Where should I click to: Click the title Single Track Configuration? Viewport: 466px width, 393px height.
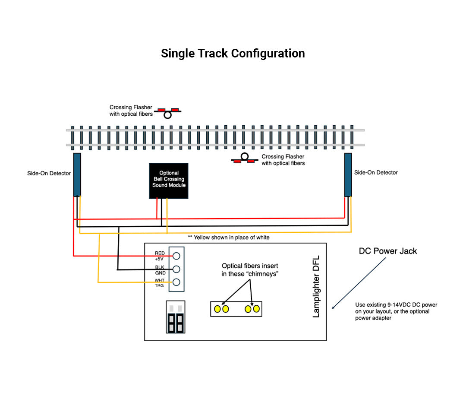click(233, 54)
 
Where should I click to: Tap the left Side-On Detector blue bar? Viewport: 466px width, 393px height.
click(77, 174)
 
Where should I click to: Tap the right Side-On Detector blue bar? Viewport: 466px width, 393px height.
click(348, 174)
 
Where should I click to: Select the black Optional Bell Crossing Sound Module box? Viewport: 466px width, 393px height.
click(169, 181)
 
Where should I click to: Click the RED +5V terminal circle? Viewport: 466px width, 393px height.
click(176, 256)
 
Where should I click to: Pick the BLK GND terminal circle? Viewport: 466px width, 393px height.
click(176, 269)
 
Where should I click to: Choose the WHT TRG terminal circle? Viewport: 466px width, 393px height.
click(176, 282)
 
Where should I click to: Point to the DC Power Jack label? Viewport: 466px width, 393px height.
click(388, 251)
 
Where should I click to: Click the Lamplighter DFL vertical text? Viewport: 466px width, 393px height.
click(316, 292)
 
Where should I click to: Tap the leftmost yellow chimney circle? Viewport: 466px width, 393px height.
click(217, 309)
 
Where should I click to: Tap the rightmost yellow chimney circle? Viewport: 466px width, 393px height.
click(256, 309)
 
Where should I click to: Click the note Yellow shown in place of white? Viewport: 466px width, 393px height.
click(229, 238)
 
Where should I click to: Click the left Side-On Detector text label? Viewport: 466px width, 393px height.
click(49, 174)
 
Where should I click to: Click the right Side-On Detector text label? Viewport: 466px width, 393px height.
click(376, 172)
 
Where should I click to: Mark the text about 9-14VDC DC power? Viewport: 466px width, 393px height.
click(396, 311)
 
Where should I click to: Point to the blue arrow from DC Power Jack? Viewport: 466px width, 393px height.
click(358, 283)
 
